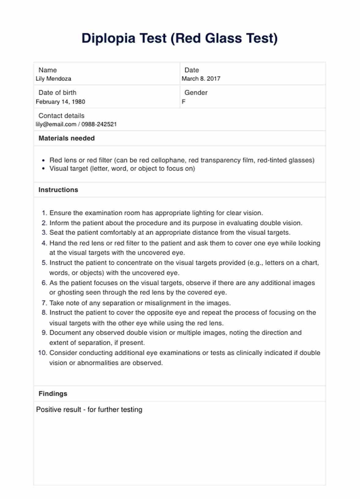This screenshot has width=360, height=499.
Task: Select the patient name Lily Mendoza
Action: pos(54,79)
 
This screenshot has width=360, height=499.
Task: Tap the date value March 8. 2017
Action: pos(201,79)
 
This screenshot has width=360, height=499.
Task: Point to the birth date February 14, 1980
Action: pos(60,102)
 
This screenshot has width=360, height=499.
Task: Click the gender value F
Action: pos(183,102)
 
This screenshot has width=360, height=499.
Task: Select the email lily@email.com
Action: pos(56,124)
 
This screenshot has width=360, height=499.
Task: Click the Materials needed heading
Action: pos(66,138)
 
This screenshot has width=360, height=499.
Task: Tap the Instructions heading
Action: pos(58,190)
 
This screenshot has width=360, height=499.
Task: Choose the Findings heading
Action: pos(53,394)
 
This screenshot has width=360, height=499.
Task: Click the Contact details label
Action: pos(61,116)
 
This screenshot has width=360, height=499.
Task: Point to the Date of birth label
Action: pos(57,92)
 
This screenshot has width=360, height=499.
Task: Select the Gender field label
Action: pos(196,92)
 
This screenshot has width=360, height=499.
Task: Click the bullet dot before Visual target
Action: pos(43,169)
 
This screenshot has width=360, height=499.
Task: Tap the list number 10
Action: pos(43,353)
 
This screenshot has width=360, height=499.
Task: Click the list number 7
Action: pos(44,303)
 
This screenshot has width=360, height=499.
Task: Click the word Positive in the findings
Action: pos(48,410)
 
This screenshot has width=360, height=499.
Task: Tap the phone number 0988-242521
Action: pos(99,124)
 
